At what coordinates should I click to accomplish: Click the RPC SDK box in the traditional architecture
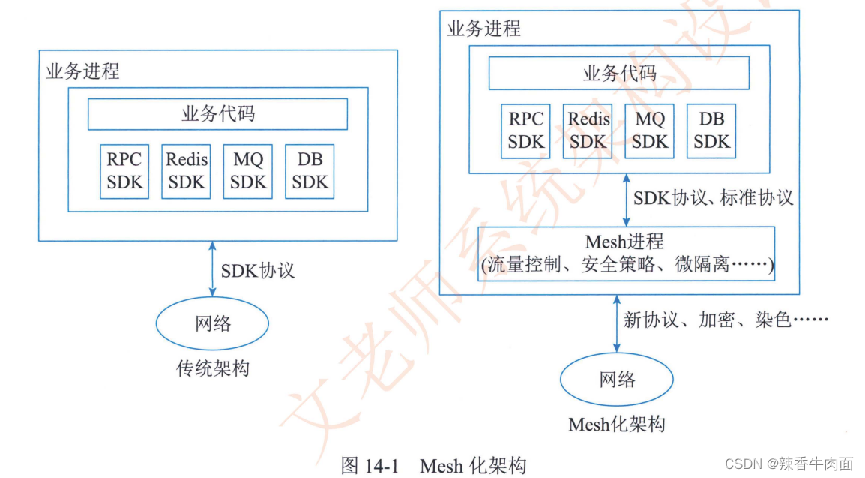124,172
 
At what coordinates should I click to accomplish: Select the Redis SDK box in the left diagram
186,172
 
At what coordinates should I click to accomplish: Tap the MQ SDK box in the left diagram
247,172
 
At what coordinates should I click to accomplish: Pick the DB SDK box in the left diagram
310,172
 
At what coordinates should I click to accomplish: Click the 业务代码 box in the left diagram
217,114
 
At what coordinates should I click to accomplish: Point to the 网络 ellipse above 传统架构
212,324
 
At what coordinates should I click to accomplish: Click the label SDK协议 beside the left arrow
257,270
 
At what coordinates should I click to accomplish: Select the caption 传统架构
212,368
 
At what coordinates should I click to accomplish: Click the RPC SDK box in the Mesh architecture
526,131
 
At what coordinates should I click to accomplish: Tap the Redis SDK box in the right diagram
588,131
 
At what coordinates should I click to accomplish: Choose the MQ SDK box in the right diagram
649,131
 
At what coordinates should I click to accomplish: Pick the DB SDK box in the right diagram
711,131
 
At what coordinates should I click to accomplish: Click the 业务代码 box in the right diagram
619,74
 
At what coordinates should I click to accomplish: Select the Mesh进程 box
626,254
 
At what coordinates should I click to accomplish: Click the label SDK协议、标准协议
713,199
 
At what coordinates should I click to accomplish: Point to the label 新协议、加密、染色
725,320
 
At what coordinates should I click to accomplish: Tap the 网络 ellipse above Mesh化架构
617,380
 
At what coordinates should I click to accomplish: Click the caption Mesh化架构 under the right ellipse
617,424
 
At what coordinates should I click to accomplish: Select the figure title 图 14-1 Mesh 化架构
433,465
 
